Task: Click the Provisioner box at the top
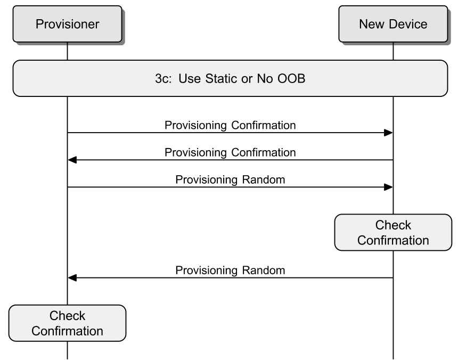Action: pos(67,24)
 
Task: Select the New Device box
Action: pos(393,24)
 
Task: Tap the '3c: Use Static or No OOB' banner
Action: pos(230,78)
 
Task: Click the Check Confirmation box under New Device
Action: pos(393,232)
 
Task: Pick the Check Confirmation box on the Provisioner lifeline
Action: pos(67,323)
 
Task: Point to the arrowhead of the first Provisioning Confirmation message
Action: pos(388,133)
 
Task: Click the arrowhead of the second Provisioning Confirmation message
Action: pos(72,160)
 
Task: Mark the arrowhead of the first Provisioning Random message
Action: pos(388,187)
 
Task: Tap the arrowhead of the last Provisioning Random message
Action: pos(72,278)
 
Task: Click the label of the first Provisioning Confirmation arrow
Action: pos(230,125)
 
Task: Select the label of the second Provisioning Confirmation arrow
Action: pos(230,152)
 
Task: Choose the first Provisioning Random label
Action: pos(230,179)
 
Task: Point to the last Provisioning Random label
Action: pos(230,271)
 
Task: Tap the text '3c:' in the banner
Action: pos(163,78)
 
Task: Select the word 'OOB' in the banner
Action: pos(291,78)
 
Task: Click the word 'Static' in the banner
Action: pos(222,78)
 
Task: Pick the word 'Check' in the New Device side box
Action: pos(393,225)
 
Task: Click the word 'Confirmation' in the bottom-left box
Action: pos(67,331)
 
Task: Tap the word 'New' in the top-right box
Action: pos(372,24)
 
